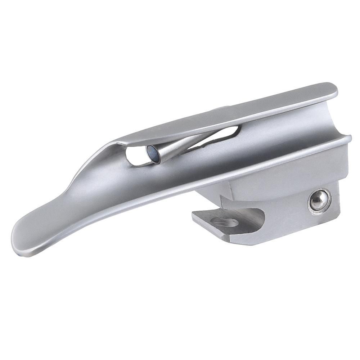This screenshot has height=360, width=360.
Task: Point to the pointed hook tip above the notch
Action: (223, 198)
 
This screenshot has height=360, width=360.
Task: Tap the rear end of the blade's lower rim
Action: (347, 139)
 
